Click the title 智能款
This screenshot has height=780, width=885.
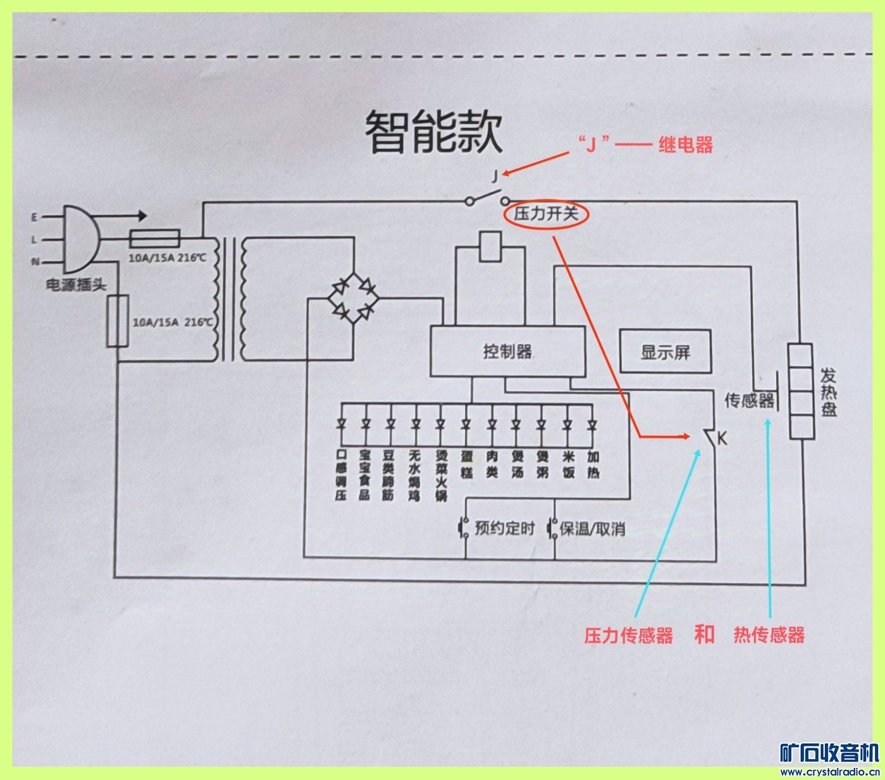(434, 133)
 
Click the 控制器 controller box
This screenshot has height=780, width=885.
(507, 351)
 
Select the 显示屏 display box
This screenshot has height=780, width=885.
(665, 352)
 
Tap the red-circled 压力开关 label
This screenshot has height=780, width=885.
(546, 214)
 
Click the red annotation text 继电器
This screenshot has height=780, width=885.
(685, 145)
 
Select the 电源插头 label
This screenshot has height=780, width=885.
(76, 285)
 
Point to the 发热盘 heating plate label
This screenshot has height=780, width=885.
(829, 392)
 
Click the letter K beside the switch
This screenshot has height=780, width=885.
(722, 438)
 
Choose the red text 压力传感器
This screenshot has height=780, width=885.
(628, 635)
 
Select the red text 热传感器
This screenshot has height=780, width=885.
(769, 635)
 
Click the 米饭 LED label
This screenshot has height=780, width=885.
(568, 464)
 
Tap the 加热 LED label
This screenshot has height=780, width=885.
(593, 464)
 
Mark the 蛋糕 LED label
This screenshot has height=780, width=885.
(467, 464)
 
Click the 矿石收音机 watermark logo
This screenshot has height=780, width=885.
(829, 753)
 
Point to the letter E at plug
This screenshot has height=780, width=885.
(35, 217)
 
